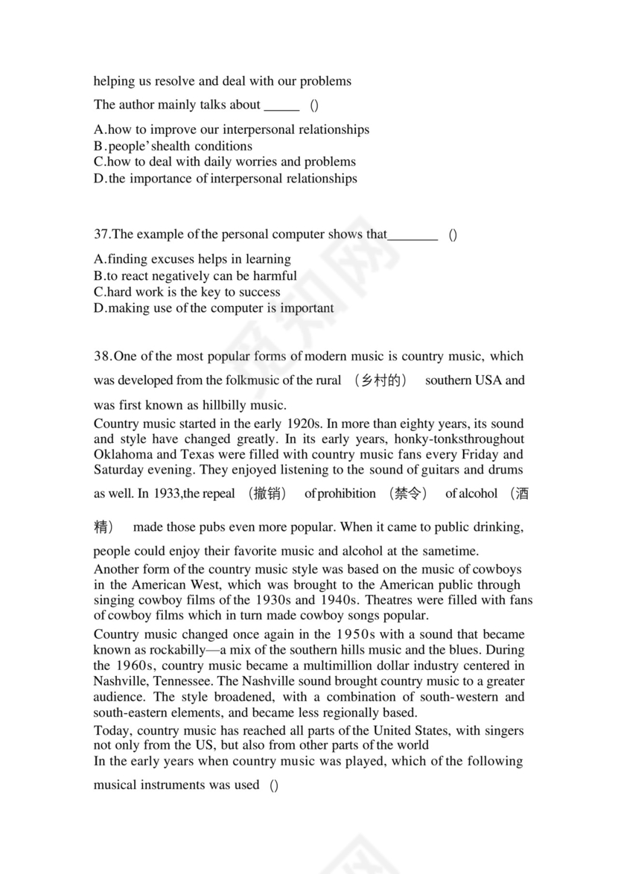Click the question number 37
tap(101, 235)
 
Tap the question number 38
tap(102, 356)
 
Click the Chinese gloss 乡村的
tap(382, 380)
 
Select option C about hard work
tap(187, 292)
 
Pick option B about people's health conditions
tap(173, 146)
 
